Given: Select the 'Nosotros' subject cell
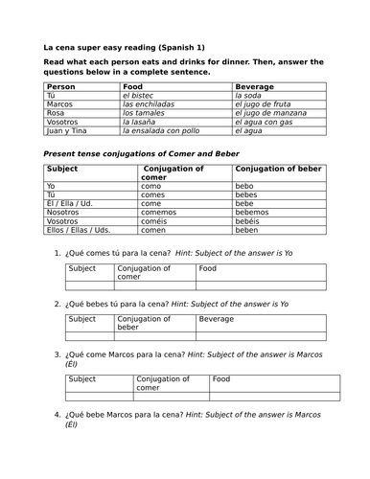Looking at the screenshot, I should [x=63, y=212].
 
